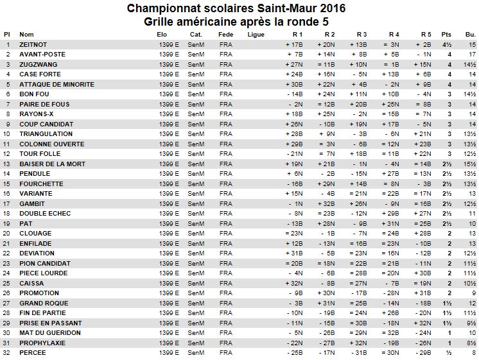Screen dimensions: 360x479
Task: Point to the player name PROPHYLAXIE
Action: pyautogui.click(x=41, y=343)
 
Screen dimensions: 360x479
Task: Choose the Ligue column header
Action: pyautogui.click(x=255, y=34)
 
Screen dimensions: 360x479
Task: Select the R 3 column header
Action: pyautogui.click(x=361, y=34)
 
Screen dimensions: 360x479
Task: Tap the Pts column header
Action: pyautogui.click(x=447, y=34)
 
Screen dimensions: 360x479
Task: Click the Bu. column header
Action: pyautogui.click(x=470, y=34)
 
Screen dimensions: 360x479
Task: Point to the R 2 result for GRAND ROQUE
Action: pyautogui.click(x=326, y=303)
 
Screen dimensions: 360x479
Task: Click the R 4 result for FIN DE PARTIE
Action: pyautogui.click(x=390, y=313)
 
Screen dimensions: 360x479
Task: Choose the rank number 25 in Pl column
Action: pyautogui.click(x=8, y=283)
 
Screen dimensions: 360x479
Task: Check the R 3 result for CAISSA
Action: pyautogui.click(x=358, y=283)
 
